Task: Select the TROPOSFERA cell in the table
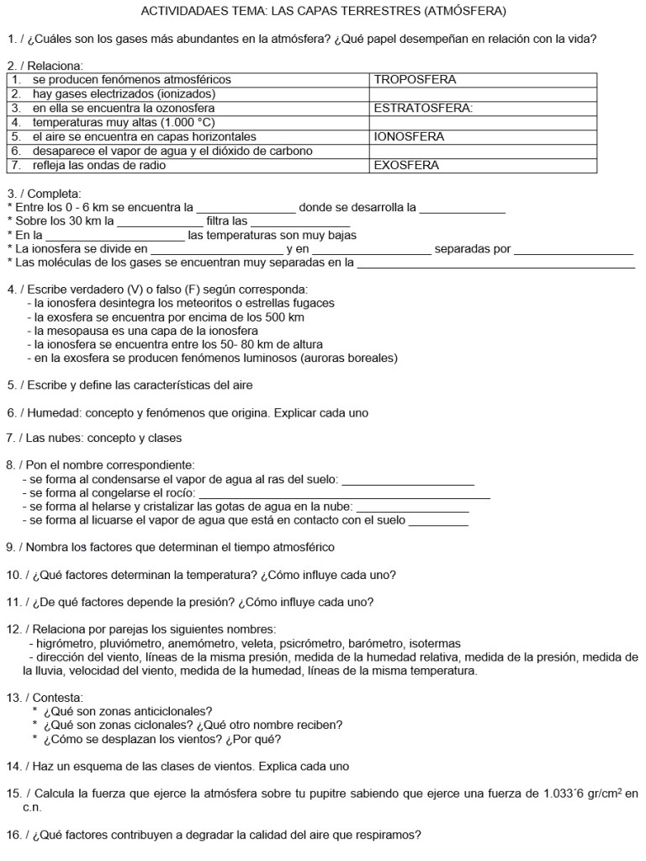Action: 415,80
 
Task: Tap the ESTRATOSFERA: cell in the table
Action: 423,109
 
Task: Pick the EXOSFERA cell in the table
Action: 406,166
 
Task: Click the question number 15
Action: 13,793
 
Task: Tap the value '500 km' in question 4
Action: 283,317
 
